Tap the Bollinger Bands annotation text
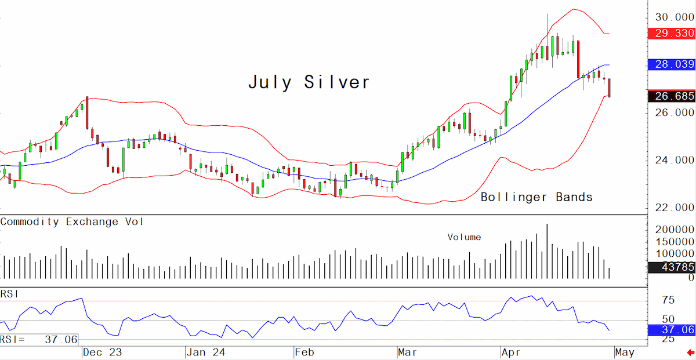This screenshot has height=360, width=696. point(536,197)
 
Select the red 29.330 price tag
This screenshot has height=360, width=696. point(672,33)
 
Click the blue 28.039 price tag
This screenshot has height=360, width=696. point(672,64)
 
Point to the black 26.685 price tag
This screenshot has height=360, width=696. point(672,96)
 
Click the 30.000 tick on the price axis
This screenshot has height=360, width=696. point(674,17)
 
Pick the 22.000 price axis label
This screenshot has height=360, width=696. point(674,208)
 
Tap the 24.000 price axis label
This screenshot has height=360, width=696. point(674,160)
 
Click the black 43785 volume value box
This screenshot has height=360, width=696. point(672,267)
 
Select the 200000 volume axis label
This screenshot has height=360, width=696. point(674,230)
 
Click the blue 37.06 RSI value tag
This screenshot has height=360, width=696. point(672,329)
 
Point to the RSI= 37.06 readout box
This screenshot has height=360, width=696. point(39,340)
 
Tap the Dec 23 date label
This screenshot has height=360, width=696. point(102,352)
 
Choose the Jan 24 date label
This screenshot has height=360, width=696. point(206,352)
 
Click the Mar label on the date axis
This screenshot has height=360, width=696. point(407,352)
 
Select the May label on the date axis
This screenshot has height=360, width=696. point(625,352)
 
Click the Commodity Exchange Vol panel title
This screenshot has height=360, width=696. point(72,222)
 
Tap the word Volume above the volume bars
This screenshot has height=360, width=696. point(464,237)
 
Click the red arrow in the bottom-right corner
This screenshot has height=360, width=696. point(690,352)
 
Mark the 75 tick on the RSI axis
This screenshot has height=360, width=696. point(668,300)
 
